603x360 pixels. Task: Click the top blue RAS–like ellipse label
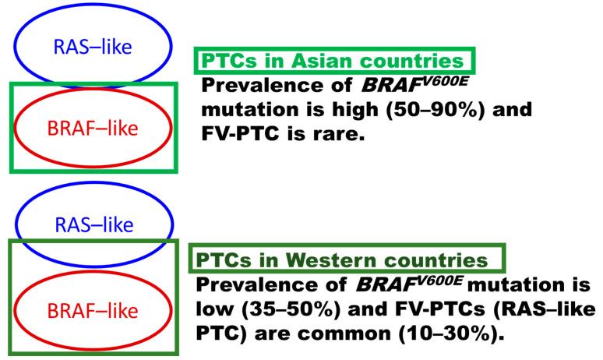tap(91, 45)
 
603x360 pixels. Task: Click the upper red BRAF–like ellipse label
tap(91, 127)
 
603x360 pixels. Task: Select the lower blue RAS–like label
tap(91, 226)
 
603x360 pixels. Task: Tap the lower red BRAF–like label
tap(91, 311)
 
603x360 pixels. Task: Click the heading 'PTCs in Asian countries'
tap(334, 61)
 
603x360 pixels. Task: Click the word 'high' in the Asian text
tap(349, 110)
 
